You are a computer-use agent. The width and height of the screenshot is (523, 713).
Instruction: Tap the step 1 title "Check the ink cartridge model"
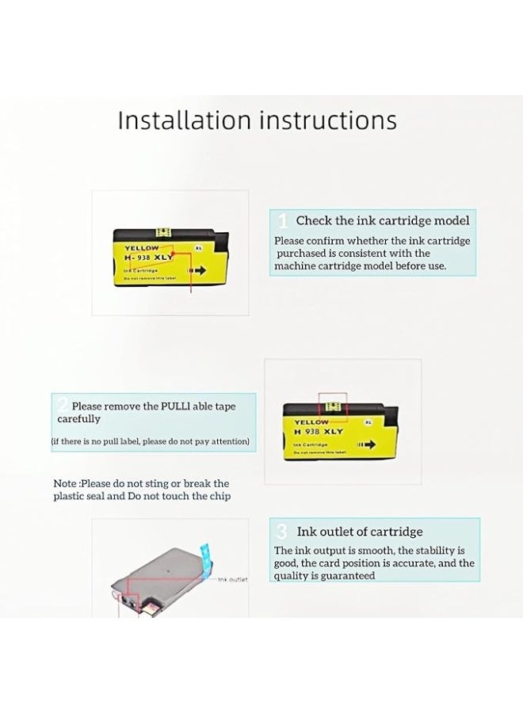tap(383, 221)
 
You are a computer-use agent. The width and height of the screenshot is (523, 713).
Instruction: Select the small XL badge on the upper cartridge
tap(197, 248)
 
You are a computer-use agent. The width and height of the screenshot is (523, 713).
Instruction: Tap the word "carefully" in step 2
tap(78, 418)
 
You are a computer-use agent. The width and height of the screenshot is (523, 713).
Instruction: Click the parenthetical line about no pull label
tap(151, 440)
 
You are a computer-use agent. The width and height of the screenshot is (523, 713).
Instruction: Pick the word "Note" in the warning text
tap(65, 483)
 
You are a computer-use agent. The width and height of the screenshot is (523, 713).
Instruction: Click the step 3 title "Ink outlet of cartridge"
tap(360, 532)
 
